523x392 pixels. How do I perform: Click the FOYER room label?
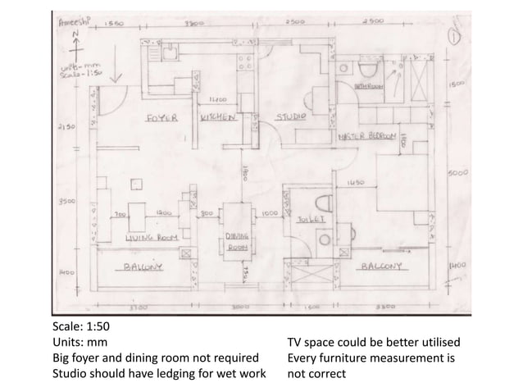(161, 118)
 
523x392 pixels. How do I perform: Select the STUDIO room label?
(290, 118)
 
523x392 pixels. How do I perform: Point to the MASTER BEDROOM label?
(367, 135)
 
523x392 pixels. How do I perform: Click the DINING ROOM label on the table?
(237, 240)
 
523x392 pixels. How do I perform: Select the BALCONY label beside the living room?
(143, 267)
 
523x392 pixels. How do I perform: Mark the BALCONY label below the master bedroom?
(380, 267)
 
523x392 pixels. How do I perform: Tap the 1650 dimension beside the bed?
(356, 182)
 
